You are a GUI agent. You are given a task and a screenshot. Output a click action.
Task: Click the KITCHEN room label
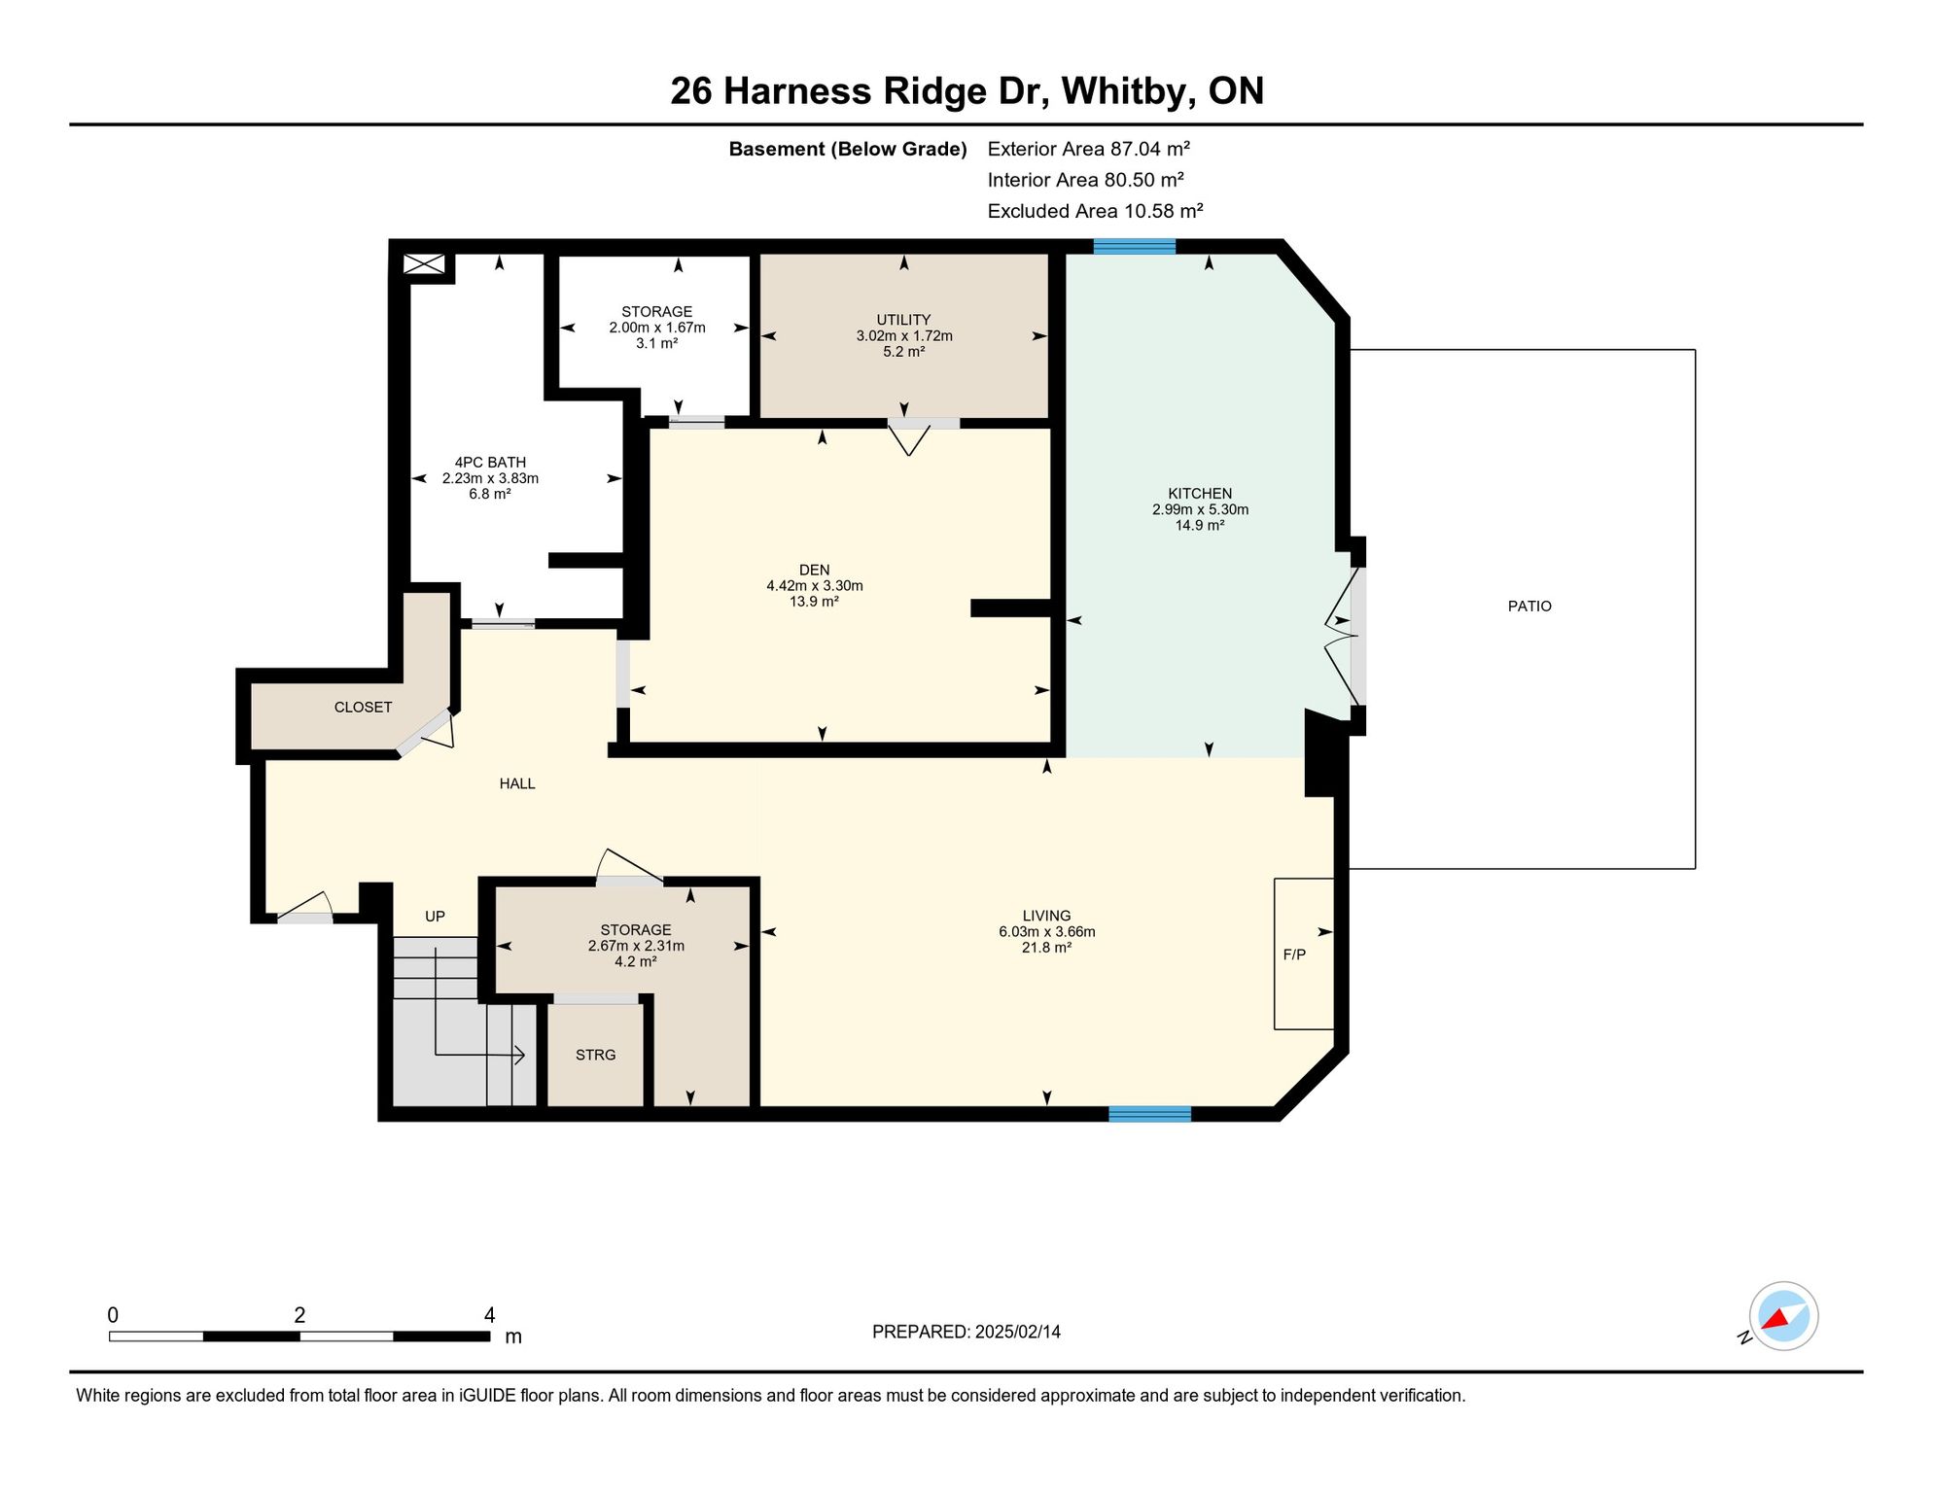(x=1200, y=494)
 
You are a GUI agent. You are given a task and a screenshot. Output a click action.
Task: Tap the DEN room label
(x=815, y=571)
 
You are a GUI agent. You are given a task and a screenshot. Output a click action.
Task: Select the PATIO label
(x=1529, y=607)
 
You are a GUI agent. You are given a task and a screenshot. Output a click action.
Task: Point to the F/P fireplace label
(x=1294, y=955)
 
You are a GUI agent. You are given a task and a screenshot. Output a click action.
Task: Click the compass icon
(x=1783, y=1316)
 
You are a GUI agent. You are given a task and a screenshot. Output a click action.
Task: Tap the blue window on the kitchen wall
(x=1134, y=246)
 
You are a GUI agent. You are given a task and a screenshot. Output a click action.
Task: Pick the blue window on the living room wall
(x=1149, y=1114)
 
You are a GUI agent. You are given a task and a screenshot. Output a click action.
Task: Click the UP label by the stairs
(x=435, y=917)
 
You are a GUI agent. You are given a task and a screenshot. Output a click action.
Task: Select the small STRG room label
(x=596, y=1056)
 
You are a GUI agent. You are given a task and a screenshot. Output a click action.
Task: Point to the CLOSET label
(x=364, y=708)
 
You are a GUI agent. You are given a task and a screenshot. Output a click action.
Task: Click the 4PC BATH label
(x=490, y=463)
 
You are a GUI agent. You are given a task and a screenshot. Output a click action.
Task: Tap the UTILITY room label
(x=903, y=320)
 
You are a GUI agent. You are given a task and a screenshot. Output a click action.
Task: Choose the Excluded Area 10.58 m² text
(x=1096, y=211)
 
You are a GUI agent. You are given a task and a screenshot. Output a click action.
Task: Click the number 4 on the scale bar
(x=489, y=1315)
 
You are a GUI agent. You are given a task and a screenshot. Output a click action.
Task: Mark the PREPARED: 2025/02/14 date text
(x=966, y=1333)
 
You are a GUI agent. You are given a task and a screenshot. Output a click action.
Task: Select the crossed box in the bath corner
(x=424, y=263)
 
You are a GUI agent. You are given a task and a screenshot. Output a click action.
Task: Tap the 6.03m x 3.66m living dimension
(x=1047, y=932)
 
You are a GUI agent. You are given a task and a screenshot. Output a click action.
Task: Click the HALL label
(x=517, y=783)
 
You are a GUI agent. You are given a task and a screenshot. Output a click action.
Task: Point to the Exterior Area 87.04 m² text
(x=1089, y=149)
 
